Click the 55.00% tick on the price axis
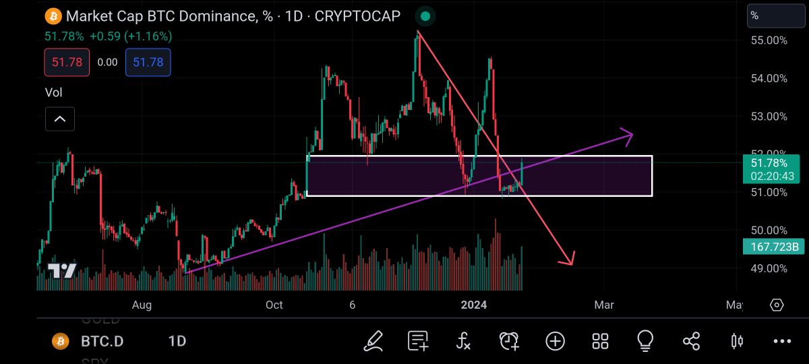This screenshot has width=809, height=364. pyautogui.click(x=769, y=40)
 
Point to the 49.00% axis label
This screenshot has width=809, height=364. pyautogui.click(x=769, y=268)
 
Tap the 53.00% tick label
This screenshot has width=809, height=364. pyautogui.click(x=769, y=117)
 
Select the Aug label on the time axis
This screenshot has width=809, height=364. pyautogui.click(x=142, y=305)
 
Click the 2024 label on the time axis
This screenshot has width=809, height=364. pyautogui.click(x=473, y=305)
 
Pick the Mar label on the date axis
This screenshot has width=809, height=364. pyautogui.click(x=604, y=305)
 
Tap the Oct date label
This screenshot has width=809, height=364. pyautogui.click(x=274, y=305)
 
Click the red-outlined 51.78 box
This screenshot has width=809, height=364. pyautogui.click(x=67, y=62)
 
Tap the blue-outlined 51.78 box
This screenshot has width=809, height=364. pyautogui.click(x=148, y=62)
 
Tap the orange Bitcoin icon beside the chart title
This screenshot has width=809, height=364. pyautogui.click(x=53, y=16)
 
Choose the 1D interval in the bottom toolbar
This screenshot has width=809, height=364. pyautogui.click(x=177, y=341)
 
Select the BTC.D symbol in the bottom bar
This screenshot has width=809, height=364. pyautogui.click(x=102, y=341)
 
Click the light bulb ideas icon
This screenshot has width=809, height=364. pyautogui.click(x=645, y=341)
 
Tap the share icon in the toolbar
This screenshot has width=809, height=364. pyautogui.click(x=691, y=341)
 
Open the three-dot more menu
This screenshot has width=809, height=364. pyautogui.click(x=782, y=341)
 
